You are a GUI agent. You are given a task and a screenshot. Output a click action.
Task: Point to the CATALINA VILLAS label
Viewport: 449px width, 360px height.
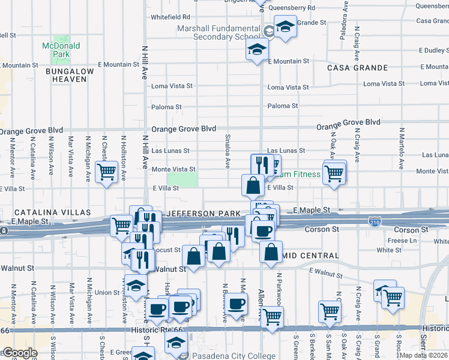click(x=52, y=212)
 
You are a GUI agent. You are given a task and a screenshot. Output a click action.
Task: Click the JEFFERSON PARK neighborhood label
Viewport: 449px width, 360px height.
click(x=198, y=213)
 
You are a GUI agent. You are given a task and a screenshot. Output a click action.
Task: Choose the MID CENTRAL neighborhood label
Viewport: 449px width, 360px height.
click(x=313, y=256)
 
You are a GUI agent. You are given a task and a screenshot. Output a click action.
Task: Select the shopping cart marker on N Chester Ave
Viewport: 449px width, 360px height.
click(x=106, y=172)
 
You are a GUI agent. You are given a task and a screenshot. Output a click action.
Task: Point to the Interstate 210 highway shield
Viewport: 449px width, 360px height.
click(x=374, y=222)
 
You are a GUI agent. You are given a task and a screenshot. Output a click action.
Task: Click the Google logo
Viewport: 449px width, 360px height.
click(x=19, y=353)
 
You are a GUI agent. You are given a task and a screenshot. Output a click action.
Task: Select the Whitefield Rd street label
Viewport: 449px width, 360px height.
click(x=170, y=17)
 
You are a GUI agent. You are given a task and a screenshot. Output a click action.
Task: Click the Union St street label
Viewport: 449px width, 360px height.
click(x=107, y=292)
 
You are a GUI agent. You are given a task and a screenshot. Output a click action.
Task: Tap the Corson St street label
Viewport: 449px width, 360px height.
click(x=316, y=229)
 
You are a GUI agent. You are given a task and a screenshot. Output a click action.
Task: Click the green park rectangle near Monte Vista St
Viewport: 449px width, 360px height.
click(x=182, y=179)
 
